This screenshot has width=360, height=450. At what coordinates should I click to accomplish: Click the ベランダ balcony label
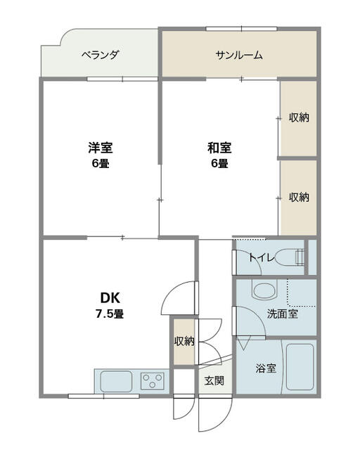pos(100,55)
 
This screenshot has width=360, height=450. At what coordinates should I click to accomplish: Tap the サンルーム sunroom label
pos(239,55)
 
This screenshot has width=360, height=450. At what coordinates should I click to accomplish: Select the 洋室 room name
pos(100,148)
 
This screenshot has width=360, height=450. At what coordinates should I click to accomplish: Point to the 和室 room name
pos(219,148)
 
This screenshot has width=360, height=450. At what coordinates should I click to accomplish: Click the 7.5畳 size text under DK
pos(110,314)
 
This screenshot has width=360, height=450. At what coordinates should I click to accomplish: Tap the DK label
pos(110,298)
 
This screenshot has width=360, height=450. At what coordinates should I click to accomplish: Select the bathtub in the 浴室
pos(300,367)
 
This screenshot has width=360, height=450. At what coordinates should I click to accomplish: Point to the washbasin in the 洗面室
pos(265,290)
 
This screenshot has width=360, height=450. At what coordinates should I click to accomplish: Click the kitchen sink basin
pos(116,381)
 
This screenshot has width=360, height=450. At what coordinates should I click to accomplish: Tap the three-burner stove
pos(152,381)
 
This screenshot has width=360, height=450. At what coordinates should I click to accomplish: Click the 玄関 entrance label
pos(214,381)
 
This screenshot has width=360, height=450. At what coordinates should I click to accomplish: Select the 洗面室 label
pos(283,314)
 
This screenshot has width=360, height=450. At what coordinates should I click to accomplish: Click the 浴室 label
pos(266,368)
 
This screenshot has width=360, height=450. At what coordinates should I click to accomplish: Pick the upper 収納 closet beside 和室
pos(299,117)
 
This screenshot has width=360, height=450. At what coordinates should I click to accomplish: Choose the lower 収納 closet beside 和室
pos(299,198)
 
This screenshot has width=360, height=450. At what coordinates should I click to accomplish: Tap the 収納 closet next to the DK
pos(184,342)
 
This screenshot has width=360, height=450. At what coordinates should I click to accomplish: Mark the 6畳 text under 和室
pos(219,164)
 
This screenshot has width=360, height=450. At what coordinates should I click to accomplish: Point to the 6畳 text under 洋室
pos(101,164)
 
